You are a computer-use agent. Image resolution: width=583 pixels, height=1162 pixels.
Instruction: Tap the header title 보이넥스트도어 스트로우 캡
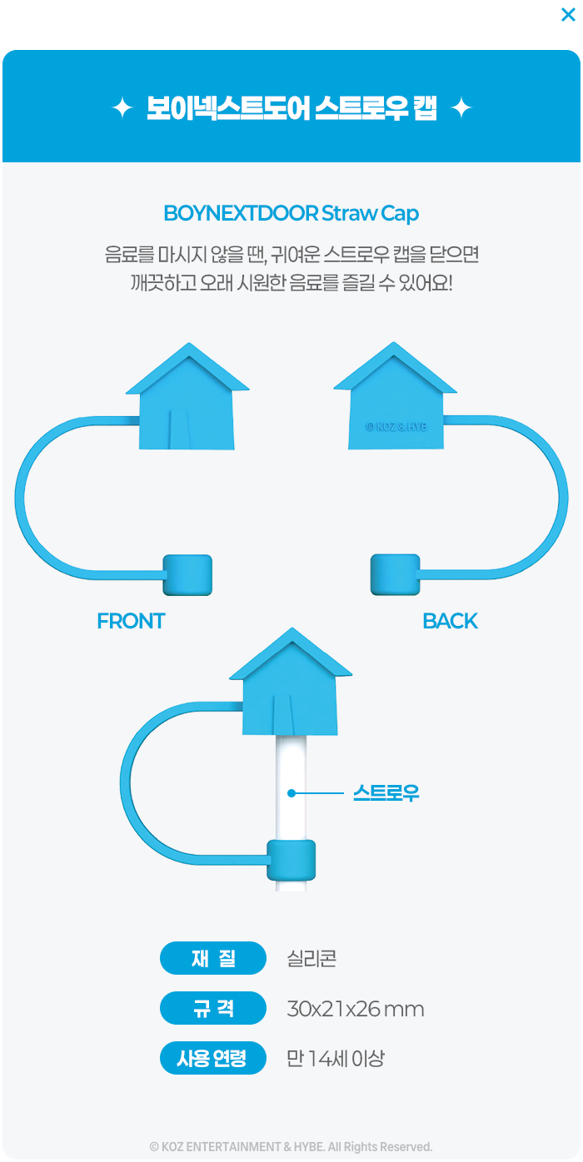(x=291, y=108)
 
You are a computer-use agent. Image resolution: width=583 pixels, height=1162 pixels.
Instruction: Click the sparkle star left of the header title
(x=122, y=108)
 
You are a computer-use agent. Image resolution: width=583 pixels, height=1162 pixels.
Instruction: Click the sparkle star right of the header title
(x=461, y=108)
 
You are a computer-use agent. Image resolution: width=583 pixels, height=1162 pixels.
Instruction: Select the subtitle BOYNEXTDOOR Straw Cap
(x=291, y=213)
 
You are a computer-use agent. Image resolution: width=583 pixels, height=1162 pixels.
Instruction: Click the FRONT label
(x=131, y=621)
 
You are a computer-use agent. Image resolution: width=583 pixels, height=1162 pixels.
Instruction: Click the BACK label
(x=450, y=621)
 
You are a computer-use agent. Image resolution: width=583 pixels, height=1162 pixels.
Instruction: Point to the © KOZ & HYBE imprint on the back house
(x=396, y=427)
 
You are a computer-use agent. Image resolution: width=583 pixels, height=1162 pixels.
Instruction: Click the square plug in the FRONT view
(x=187, y=575)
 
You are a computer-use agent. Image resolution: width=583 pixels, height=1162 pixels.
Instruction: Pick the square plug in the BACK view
(x=395, y=574)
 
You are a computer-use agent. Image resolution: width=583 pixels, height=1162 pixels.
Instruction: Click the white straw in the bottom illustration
(x=291, y=791)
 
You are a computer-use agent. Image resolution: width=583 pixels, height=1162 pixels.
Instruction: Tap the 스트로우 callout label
(x=386, y=793)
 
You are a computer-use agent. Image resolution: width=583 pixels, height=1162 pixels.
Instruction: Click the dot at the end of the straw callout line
(x=291, y=793)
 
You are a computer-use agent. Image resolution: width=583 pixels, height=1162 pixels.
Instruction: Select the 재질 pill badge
(x=213, y=958)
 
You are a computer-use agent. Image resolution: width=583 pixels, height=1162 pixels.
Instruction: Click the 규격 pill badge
(x=213, y=1008)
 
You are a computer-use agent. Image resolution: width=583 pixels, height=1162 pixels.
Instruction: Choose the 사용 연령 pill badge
(x=213, y=1058)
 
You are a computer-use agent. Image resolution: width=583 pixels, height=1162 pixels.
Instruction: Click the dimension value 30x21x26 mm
(x=356, y=1009)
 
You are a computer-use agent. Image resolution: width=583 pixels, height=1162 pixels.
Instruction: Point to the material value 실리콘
(x=311, y=959)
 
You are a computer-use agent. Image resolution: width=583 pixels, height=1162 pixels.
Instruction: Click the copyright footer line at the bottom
(x=291, y=1146)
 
